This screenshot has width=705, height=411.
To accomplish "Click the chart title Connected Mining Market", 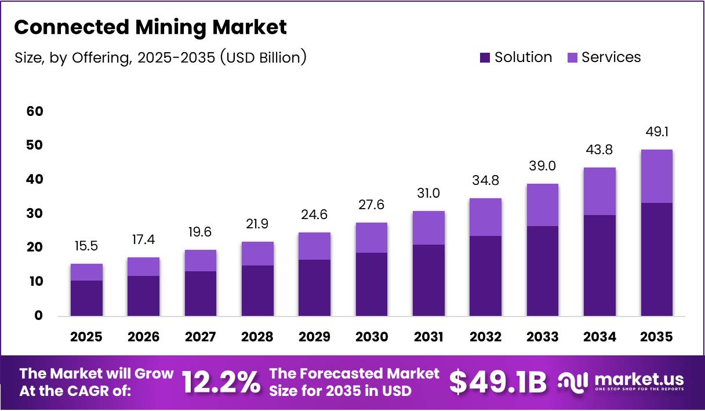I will [x=150, y=27].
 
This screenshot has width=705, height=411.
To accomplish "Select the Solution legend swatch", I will [x=485, y=57].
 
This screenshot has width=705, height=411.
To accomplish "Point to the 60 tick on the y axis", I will [x=35, y=111].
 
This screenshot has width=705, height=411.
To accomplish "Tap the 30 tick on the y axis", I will [x=35, y=213].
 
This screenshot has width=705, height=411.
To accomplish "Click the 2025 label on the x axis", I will [x=86, y=337].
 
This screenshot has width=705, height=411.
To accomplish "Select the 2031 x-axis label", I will [x=428, y=337].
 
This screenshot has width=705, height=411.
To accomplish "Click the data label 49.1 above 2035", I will [x=656, y=132].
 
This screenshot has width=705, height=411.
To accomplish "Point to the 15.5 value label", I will [x=86, y=246].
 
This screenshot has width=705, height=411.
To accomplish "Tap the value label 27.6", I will [x=371, y=205].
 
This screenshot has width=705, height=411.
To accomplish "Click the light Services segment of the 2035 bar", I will [x=656, y=176].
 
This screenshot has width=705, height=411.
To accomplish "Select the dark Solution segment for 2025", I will [x=86, y=298].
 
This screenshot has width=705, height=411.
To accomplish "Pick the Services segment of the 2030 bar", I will [x=371, y=238].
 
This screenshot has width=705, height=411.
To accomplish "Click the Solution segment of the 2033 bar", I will [x=542, y=271].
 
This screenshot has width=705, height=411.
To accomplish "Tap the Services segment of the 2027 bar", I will [x=201, y=260].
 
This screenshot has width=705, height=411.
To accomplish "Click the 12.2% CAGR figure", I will [x=221, y=383].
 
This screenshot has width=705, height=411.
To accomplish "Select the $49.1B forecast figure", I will [x=498, y=383].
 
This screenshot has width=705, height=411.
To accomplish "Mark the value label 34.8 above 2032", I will [x=485, y=180].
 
